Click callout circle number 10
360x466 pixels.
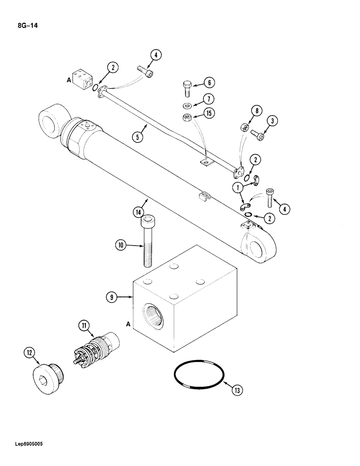pos(121,244)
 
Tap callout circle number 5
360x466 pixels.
pos(138,137)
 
